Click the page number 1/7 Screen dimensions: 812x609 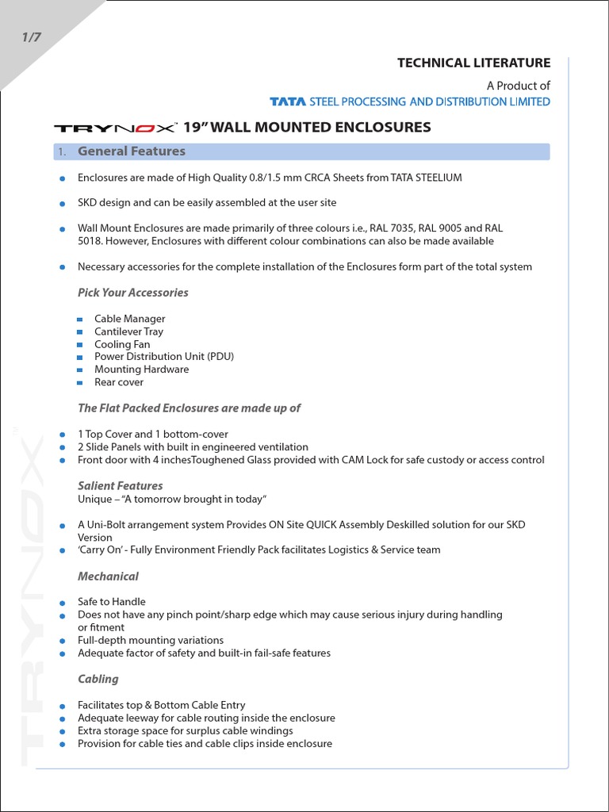[29, 38]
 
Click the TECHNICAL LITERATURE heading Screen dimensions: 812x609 [473, 63]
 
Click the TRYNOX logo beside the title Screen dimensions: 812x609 [116, 128]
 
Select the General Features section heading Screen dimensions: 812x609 [131, 151]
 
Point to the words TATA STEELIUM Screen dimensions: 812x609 [426, 178]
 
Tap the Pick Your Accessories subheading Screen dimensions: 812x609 [132, 293]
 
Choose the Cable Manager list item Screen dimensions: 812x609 [129, 319]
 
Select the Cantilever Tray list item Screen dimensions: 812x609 [128, 331]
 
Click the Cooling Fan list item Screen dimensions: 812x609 [122, 344]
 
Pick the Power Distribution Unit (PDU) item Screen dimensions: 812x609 [164, 357]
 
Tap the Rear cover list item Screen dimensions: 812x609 [119, 382]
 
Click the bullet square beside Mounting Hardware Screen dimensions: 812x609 [79, 370]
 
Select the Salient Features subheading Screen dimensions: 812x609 [120, 485]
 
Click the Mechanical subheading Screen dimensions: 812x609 [108, 576]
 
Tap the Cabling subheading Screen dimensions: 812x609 [98, 679]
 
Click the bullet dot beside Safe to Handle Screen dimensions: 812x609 [62, 603]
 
